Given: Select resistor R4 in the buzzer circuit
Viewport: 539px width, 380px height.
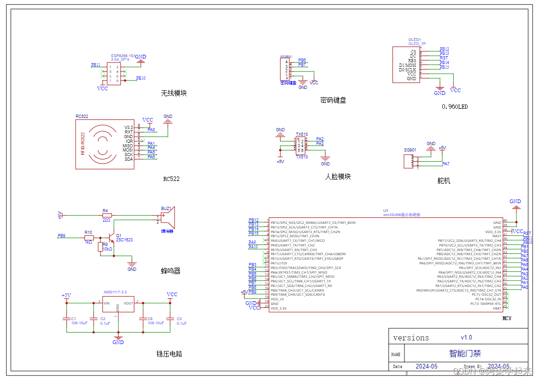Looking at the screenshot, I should pyautogui.click(x=107, y=215).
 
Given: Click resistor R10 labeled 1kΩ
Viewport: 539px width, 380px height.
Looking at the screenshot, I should pyautogui.click(x=89, y=238).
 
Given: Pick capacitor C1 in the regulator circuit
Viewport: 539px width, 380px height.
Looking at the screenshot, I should pyautogui.click(x=67, y=319).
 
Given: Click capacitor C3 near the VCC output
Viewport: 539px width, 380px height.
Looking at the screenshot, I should pyautogui.click(x=170, y=319).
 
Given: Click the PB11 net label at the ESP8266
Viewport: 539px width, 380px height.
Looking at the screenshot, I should pyautogui.click(x=95, y=65).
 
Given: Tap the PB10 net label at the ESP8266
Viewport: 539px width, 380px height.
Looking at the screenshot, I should pyautogui.click(x=141, y=78).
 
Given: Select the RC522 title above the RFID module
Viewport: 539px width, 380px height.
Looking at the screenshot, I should pyautogui.click(x=82, y=117).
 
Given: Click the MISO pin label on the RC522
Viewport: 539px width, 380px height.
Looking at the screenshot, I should pyautogui.click(x=128, y=146).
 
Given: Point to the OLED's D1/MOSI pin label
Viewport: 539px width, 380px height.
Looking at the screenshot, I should pyautogui.click(x=407, y=65).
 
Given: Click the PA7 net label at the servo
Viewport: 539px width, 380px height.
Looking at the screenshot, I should pyautogui.click(x=445, y=164).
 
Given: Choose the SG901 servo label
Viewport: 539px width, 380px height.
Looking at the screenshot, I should pyautogui.click(x=410, y=150).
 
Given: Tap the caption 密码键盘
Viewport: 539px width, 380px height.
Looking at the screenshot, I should pyautogui.click(x=333, y=100).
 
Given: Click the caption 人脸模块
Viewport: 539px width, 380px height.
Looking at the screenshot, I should pyautogui.click(x=337, y=176).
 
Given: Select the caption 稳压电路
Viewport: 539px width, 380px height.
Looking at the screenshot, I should pyautogui.click(x=169, y=354).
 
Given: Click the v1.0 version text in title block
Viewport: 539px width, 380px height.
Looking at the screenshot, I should pyautogui.click(x=466, y=337).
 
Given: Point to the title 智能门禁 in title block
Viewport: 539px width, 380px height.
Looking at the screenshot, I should pyautogui.click(x=465, y=354).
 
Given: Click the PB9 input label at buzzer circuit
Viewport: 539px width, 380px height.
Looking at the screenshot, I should pyautogui.click(x=61, y=235).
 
